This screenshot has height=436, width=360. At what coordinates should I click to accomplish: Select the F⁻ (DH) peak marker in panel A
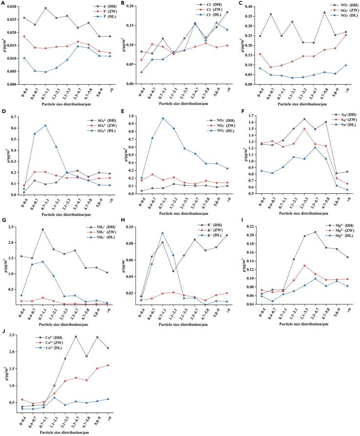45,8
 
